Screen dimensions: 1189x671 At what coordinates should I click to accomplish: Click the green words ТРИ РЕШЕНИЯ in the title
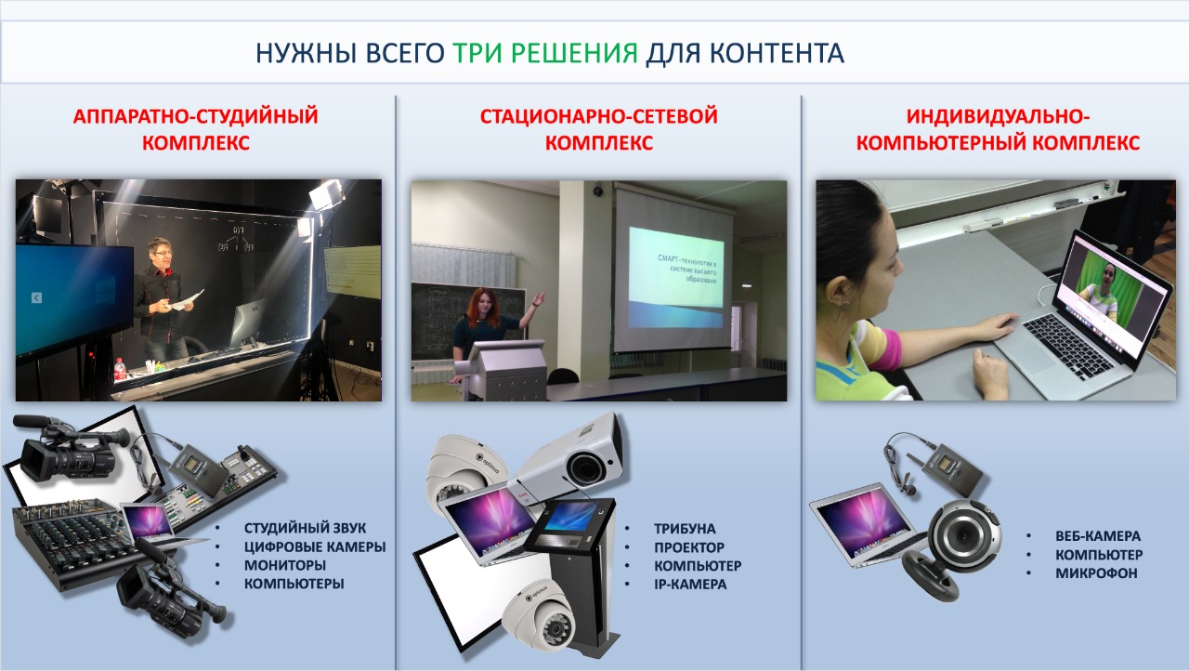click(x=545, y=53)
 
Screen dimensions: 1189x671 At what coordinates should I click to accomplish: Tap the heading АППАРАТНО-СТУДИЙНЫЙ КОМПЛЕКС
click(x=196, y=129)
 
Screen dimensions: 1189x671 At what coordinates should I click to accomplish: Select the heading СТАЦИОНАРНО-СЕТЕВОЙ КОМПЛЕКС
click(x=599, y=129)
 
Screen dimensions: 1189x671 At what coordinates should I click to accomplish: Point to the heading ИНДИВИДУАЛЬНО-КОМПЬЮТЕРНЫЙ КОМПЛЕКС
click(x=998, y=129)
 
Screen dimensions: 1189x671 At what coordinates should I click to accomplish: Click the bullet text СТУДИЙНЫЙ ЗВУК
click(x=305, y=528)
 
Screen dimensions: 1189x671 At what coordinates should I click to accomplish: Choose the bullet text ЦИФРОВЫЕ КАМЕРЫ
click(x=315, y=546)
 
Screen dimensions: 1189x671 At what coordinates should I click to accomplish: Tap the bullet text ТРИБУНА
click(x=685, y=529)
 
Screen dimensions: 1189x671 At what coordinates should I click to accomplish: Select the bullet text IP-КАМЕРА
click(x=690, y=584)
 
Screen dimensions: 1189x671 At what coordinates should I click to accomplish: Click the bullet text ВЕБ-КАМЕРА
click(x=1098, y=536)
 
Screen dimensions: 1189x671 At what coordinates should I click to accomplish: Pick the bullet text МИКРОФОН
click(x=1096, y=573)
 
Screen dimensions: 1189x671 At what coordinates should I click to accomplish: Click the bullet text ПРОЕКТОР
click(x=689, y=547)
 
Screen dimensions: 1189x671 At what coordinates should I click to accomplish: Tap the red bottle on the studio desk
click(x=120, y=369)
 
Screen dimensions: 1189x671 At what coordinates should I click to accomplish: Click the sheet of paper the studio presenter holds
click(x=185, y=300)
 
